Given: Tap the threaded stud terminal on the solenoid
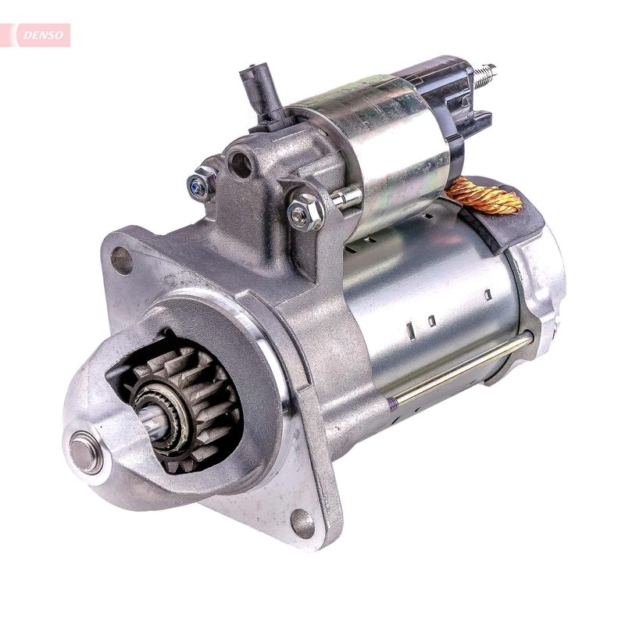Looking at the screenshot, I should click(484, 73).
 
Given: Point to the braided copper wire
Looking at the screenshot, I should click(484, 195).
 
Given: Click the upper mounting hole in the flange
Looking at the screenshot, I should click(122, 259).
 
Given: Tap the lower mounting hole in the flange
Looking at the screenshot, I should click(302, 523).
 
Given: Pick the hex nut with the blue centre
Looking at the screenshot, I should click(202, 184).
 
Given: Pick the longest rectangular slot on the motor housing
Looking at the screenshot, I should click(411, 330).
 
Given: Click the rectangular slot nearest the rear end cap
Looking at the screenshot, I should click(487, 295).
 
